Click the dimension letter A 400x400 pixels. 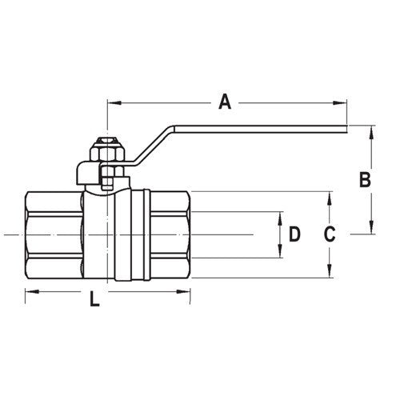click(x=225, y=102)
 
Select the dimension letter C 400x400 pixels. click(x=328, y=234)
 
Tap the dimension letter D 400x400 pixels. click(x=294, y=234)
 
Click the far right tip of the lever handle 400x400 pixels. click(x=346, y=127)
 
